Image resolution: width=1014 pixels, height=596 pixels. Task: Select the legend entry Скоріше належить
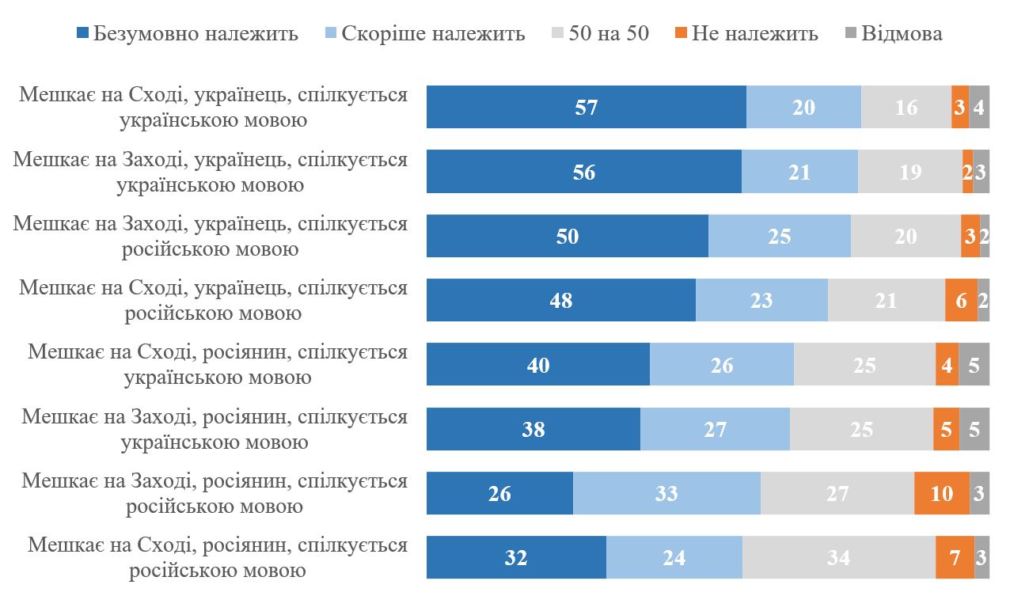(x=424, y=33)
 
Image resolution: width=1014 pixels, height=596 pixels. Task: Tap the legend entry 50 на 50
(x=598, y=33)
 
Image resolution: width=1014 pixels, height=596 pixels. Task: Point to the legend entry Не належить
(x=746, y=33)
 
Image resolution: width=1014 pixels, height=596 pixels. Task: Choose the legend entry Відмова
(x=894, y=33)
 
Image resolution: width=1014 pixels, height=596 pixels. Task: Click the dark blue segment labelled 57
(x=586, y=107)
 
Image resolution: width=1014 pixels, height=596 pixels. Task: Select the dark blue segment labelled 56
(x=583, y=172)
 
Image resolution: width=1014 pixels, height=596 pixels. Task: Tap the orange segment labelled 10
(x=941, y=493)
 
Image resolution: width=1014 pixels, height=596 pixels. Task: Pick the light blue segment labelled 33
(x=667, y=493)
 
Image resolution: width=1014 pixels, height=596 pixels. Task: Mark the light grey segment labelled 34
(x=838, y=557)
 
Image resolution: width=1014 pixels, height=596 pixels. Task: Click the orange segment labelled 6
(x=961, y=300)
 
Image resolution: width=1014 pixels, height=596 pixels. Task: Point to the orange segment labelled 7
(x=955, y=557)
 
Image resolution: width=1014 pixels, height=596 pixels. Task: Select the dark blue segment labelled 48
(x=560, y=300)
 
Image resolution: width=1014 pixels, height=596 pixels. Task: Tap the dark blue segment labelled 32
(x=516, y=557)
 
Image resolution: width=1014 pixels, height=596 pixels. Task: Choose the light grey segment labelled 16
(x=906, y=107)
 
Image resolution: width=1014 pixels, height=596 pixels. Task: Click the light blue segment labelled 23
(x=761, y=300)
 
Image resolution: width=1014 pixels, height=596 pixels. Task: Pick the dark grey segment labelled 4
(x=978, y=107)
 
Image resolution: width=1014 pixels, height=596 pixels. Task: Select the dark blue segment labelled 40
(x=538, y=364)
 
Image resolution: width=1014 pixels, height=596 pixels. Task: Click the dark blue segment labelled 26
(x=499, y=493)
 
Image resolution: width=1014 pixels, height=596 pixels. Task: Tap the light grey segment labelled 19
(x=910, y=172)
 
